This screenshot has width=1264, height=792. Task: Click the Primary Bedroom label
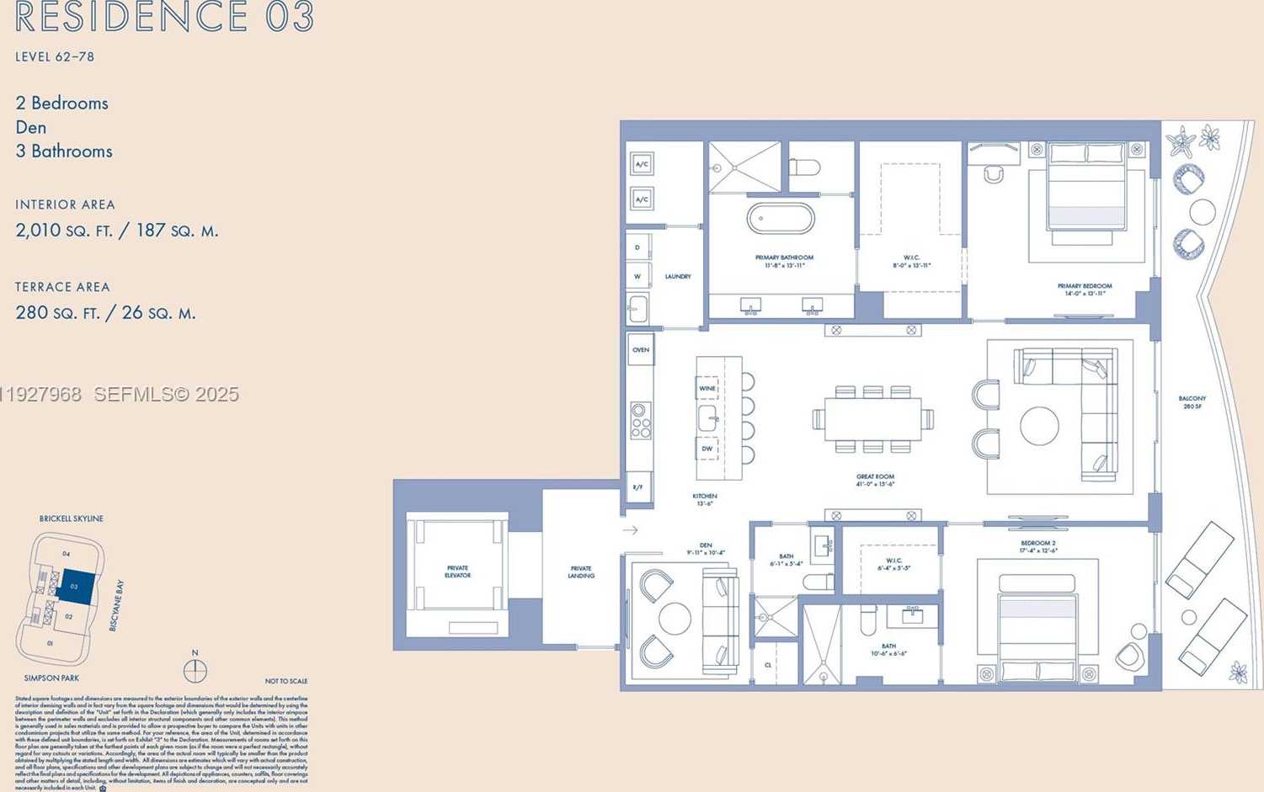(1084, 290)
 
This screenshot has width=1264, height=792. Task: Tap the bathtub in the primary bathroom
(781, 219)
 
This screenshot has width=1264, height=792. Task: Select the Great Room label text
(875, 480)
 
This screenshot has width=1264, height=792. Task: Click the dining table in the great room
(872, 418)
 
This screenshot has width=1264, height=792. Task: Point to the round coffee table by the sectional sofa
(1039, 426)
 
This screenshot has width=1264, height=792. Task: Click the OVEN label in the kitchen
(641, 350)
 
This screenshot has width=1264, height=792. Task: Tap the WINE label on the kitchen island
(707, 389)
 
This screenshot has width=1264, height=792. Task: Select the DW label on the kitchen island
(707, 449)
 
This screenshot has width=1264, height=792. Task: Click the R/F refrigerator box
(638, 487)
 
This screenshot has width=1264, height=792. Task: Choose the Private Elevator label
(457, 571)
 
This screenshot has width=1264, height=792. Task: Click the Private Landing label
(581, 572)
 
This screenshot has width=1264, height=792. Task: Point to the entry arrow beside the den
(630, 530)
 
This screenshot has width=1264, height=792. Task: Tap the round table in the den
(675, 619)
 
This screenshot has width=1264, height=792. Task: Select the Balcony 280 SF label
(1192, 402)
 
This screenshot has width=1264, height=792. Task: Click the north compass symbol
(195, 670)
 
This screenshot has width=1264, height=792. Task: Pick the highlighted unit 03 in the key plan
(75, 586)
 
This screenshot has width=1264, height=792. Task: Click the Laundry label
(678, 277)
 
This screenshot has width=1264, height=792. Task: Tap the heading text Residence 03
(165, 18)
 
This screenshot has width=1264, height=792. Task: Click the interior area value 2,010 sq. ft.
(116, 231)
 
